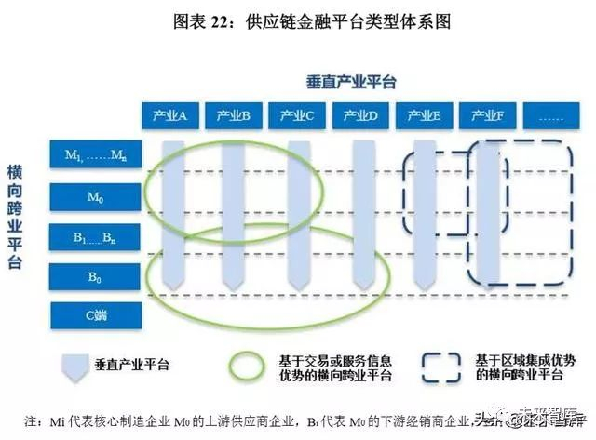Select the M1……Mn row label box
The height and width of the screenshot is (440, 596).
coord(95,155)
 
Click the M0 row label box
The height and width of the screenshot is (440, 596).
coord(95,195)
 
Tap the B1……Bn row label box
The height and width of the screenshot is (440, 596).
coord(95,235)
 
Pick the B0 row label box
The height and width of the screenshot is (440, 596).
coord(95,275)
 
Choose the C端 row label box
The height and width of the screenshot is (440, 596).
coord(95,314)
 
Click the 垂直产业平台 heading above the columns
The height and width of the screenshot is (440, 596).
coord(352,83)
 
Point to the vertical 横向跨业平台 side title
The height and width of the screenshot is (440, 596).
coord(16,216)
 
